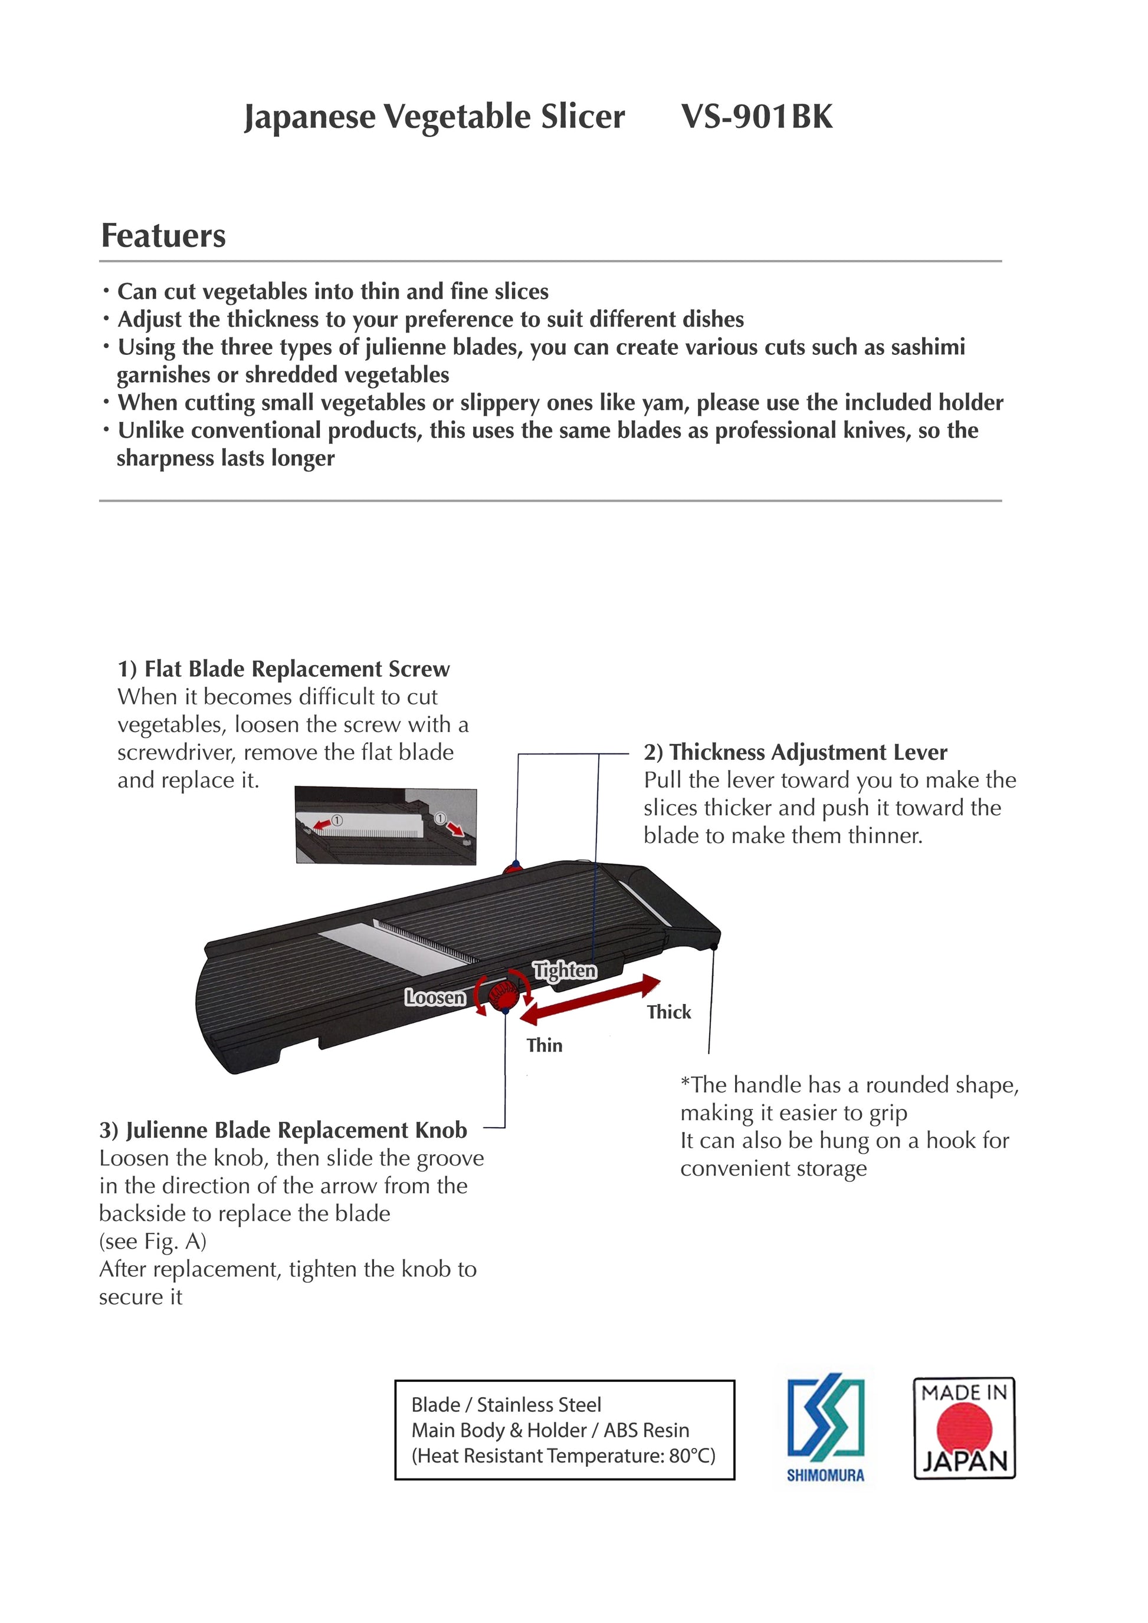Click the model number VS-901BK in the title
coord(757,117)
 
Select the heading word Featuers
coord(163,235)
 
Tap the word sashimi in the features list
coord(927,347)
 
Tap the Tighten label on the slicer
coord(565,970)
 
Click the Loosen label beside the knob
coord(435,997)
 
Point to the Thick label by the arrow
coord(668,1012)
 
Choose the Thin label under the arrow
coord(544,1045)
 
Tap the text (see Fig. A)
coord(153,1242)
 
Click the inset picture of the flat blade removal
coord(385,825)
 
